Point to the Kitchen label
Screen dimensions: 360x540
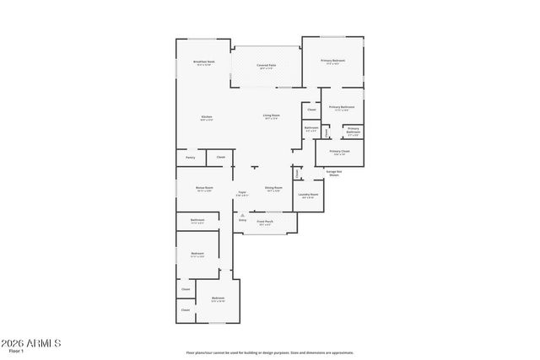(207, 117)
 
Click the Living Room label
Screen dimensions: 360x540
(271, 116)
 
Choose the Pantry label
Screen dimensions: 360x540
(190, 158)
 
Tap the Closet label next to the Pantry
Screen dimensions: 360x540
(220, 158)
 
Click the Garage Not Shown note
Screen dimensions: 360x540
(334, 173)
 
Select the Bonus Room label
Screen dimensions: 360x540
(204, 189)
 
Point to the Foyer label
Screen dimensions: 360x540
(241, 193)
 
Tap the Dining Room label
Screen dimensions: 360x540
(273, 189)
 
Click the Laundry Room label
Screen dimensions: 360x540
(308, 196)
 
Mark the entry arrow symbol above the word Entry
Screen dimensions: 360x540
(242, 215)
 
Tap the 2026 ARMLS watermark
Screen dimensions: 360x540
(30, 343)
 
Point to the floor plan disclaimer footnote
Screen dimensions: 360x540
(270, 353)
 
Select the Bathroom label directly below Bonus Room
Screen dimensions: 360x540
(197, 221)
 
